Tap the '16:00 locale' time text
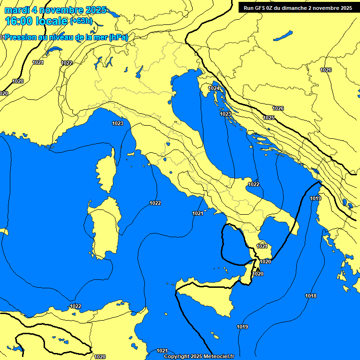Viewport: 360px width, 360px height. coord(37,21)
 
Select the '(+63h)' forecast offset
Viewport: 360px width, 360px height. coord(81,21)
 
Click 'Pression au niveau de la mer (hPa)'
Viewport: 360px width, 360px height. coord(66,37)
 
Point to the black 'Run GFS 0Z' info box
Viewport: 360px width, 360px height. coord(298,8)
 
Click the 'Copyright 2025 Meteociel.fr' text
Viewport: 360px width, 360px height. coord(199,356)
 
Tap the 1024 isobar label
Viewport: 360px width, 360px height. coord(214,88)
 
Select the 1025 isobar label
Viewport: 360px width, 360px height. coord(269,118)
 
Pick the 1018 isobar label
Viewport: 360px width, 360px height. coord(310,296)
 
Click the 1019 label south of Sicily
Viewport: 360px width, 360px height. coord(242,327)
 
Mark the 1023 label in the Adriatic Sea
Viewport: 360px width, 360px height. coord(225,114)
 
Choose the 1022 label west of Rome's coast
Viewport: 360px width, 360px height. coord(155,203)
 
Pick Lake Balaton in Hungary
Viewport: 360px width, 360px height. coord(283,36)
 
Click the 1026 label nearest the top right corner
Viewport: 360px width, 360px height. coord(326,70)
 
